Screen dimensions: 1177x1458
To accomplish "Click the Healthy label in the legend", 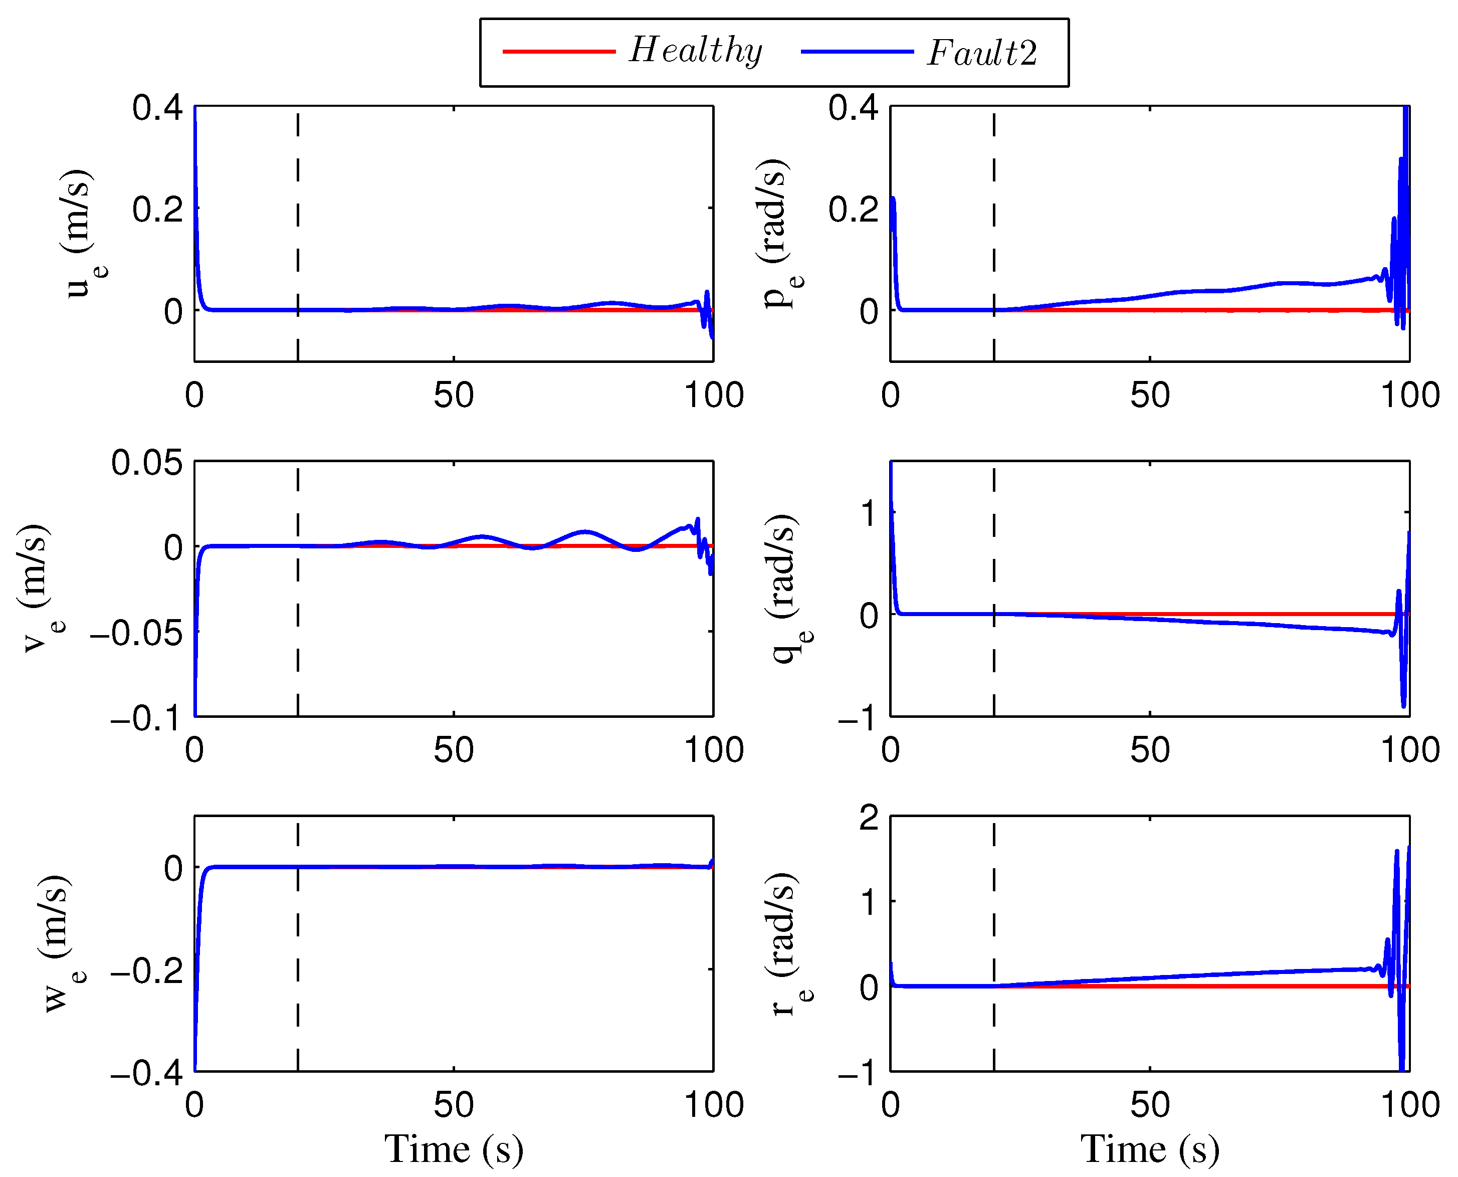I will [696, 51].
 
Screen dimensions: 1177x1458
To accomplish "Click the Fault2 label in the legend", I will [982, 53].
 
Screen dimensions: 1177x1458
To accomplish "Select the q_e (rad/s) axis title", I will [790, 588].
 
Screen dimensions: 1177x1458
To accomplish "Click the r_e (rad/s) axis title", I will [790, 943].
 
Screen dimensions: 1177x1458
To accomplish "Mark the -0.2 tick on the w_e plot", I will [146, 971].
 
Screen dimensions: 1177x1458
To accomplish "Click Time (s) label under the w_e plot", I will [454, 1148].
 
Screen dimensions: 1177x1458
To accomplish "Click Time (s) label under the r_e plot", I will [1150, 1148].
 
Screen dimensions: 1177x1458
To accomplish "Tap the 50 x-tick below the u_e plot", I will [454, 396].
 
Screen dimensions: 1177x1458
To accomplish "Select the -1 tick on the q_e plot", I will [858, 719].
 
